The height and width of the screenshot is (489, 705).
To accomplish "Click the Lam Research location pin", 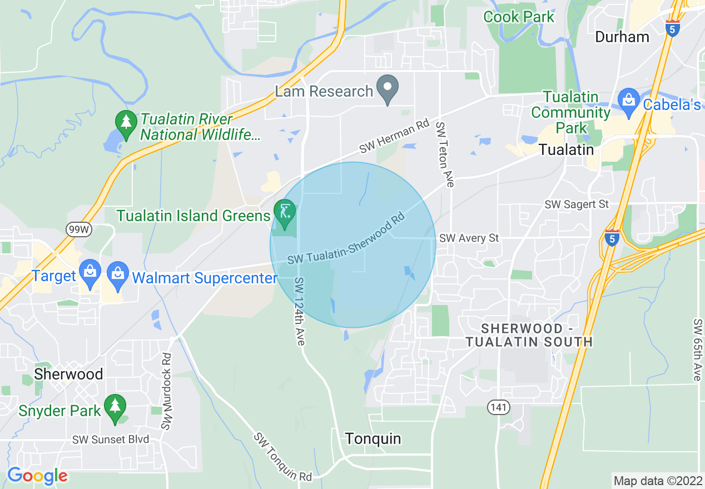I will point(388,88).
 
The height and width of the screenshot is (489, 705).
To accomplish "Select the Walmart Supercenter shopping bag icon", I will point(118,274).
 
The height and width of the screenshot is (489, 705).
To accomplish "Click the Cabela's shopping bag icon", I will point(629,101).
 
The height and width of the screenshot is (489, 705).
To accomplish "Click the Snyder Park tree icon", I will point(115,407).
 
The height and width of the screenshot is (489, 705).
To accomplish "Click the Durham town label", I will point(622,37).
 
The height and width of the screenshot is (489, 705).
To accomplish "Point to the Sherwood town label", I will point(68,374).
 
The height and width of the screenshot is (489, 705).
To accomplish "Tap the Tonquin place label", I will point(373,439).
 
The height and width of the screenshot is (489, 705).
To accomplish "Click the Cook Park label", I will point(519,17).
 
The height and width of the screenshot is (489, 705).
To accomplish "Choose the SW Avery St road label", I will point(469,238).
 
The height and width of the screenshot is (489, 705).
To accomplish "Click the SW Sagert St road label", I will point(577,204).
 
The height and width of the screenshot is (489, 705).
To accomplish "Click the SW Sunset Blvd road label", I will point(111,440).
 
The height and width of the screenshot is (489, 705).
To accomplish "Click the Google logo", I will point(37,476).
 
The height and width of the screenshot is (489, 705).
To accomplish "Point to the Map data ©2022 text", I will point(657,480).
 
